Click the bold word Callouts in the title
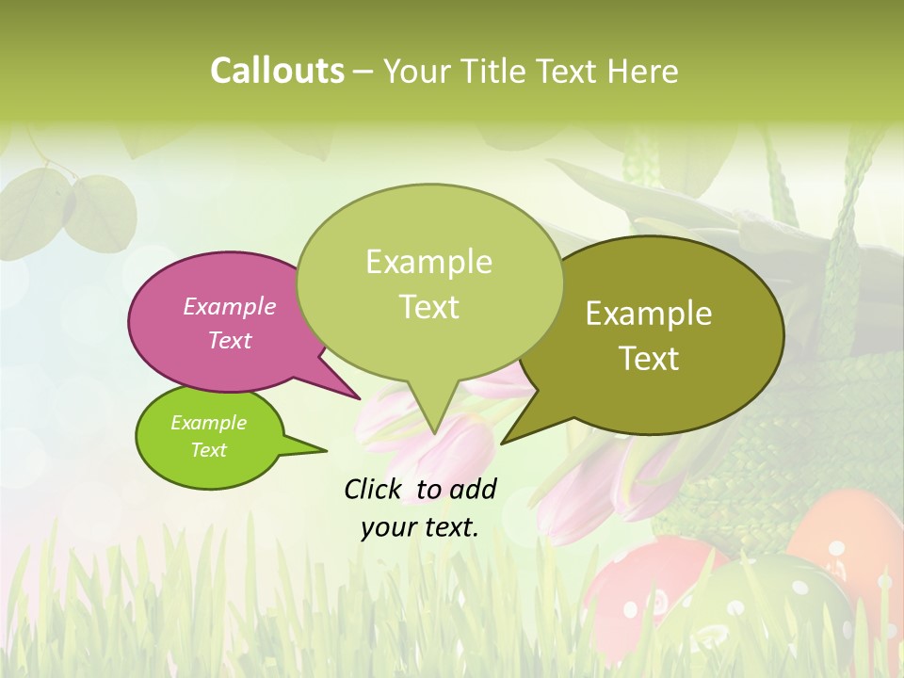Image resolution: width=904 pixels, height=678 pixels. [x=277, y=71]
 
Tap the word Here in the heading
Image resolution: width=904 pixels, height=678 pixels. [x=640, y=71]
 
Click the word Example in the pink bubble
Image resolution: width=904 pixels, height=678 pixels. [x=229, y=306]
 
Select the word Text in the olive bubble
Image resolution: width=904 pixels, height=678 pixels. [x=650, y=359]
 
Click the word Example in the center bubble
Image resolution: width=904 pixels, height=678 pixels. [x=428, y=262]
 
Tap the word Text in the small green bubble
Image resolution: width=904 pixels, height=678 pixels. [x=208, y=450]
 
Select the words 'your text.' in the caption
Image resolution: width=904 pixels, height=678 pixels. [x=419, y=527]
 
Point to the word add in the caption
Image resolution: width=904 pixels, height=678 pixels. [x=473, y=489]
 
